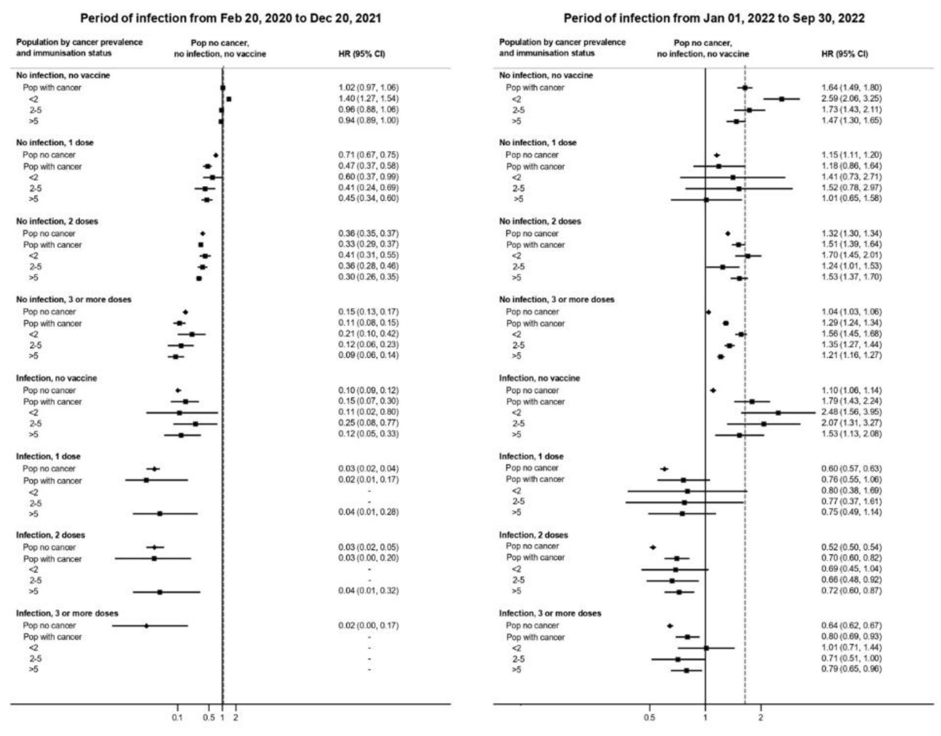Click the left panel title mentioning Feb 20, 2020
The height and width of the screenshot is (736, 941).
coord(231,18)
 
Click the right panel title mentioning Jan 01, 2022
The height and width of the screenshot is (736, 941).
coord(714,18)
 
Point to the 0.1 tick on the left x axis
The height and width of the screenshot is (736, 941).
coord(177,718)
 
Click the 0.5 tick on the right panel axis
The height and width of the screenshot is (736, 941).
coord(649,718)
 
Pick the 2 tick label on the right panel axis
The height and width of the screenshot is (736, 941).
coord(760,718)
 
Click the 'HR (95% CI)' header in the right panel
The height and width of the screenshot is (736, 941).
coord(845,54)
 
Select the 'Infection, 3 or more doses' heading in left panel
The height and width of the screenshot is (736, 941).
coord(67,613)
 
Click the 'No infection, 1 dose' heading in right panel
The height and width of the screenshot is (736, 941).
coord(538,143)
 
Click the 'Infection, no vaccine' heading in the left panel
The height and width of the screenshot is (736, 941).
coord(56,378)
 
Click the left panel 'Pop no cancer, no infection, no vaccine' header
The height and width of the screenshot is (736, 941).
coord(220,48)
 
